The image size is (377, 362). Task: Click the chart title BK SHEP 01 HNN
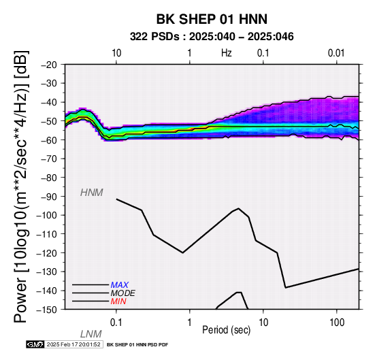coord(212,19)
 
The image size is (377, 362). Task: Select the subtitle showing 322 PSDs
coord(212,37)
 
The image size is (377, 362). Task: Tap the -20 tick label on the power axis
coord(49,65)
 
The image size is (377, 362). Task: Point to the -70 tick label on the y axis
coord(49,159)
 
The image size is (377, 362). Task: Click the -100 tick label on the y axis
coord(47,215)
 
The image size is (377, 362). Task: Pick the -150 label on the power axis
coord(47,310)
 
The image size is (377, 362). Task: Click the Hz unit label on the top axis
coord(227,53)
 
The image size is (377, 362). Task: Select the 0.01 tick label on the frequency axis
coord(336,53)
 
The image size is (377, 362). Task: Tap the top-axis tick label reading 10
coord(116,53)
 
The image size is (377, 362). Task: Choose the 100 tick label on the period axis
coord(337,323)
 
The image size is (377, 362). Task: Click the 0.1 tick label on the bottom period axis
coord(116,323)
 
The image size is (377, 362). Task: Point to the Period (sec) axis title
coord(227,330)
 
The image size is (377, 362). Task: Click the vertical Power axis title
coord(20,186)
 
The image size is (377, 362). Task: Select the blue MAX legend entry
coord(120,285)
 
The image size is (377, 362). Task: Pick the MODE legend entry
coord(123,293)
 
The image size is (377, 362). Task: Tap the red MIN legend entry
coord(118,301)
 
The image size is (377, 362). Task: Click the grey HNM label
coord(92,193)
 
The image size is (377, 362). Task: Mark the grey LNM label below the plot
coord(91,334)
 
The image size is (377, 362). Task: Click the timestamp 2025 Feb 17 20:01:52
coord(73,344)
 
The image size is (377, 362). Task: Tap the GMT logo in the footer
coord(35,344)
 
